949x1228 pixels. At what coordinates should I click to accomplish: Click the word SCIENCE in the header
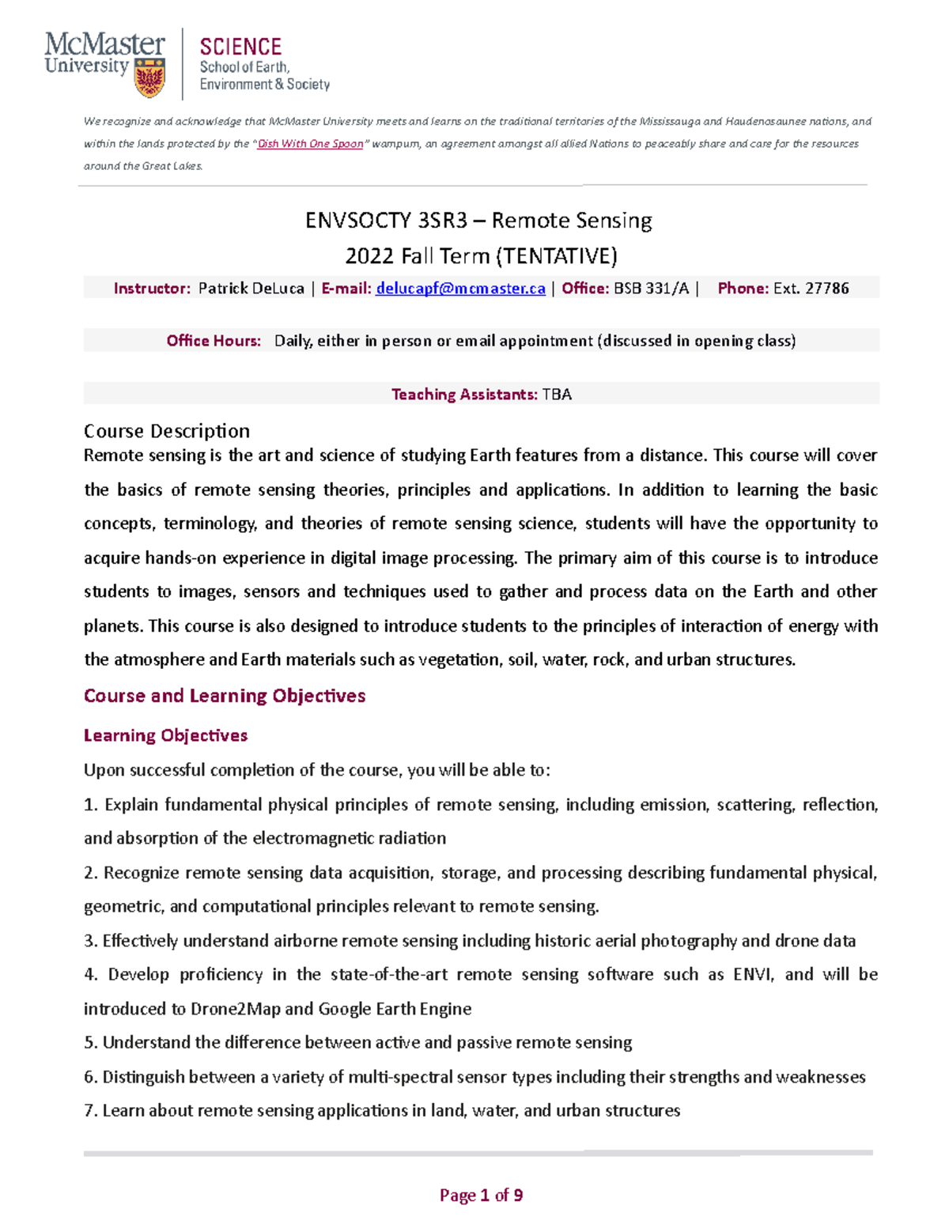click(240, 47)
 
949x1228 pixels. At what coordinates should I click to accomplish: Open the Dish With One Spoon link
click(310, 144)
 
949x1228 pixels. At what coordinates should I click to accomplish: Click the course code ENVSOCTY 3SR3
click(386, 220)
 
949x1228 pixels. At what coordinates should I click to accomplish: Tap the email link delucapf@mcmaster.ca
click(460, 289)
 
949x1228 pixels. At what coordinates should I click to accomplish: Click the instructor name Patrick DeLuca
click(251, 289)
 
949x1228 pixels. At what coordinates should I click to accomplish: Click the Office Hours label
click(214, 341)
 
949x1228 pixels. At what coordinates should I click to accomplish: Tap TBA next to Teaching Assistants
click(557, 395)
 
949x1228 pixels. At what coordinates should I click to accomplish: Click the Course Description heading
click(167, 431)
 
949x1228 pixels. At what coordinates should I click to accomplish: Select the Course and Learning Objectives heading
click(225, 696)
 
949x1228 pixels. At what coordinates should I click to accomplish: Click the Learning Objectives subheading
click(165, 735)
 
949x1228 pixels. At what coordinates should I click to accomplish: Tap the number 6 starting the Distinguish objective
click(89, 1077)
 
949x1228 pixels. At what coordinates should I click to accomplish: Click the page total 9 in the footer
click(518, 1195)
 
